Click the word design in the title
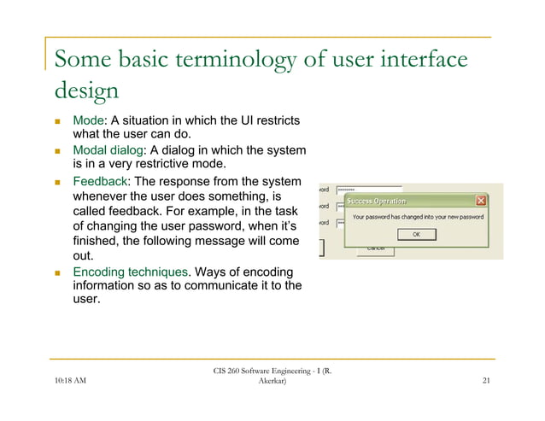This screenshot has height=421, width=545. [85, 91]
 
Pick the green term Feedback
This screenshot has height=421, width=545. [100, 182]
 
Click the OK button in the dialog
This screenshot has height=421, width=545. [416, 233]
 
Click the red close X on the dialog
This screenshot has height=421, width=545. [481, 201]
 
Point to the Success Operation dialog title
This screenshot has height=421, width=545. [376, 202]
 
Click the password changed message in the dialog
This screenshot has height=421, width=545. [418, 218]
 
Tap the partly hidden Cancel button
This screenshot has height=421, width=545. [375, 249]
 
